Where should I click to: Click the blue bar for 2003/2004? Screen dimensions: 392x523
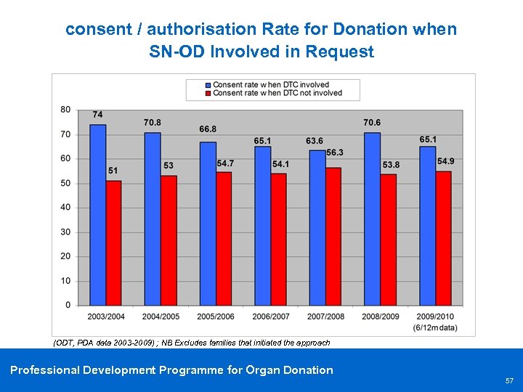97,214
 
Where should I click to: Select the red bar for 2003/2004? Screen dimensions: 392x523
113,242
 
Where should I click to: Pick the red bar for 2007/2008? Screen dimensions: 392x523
333,236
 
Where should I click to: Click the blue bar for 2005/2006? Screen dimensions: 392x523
208,223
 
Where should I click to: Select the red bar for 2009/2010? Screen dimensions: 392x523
443,237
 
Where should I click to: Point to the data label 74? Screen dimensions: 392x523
97,115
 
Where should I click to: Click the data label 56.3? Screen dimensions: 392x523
335,152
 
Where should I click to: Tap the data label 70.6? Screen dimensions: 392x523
372,123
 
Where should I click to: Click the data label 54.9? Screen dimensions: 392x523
445,161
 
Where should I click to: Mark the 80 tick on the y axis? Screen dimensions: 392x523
65,110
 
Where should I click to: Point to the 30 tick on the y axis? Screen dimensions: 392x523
65,232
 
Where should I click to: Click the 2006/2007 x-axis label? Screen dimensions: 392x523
270,317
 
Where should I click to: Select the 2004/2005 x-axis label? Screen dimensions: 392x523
161,317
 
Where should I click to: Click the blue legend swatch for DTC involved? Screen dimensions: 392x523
208,85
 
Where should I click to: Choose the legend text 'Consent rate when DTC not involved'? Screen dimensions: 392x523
277,93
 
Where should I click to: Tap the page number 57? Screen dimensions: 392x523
508,380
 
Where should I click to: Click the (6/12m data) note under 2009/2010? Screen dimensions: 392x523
435,327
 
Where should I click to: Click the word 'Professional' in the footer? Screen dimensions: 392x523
44,370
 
